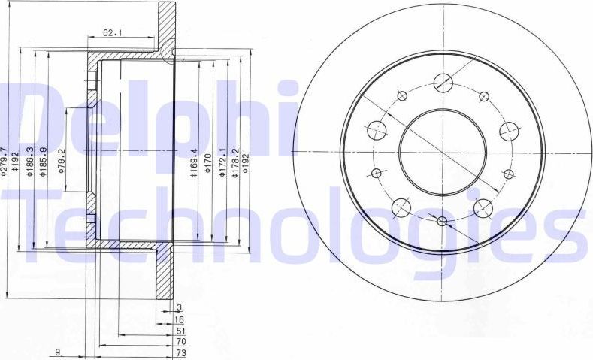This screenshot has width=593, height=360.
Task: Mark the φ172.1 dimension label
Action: click(222, 163)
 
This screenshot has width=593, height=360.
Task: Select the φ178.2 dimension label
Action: click(234, 163)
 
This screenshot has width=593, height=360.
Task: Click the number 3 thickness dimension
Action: click(179, 307)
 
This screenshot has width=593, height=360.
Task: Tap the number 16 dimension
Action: click(179, 319)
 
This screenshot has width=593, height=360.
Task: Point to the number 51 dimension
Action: click(180, 330)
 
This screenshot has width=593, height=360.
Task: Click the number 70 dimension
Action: click(180, 341)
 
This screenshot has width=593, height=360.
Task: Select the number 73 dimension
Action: click(180, 352)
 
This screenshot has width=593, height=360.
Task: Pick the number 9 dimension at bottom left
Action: click(58, 352)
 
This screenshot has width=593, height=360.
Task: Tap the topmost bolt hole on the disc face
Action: click(443, 82)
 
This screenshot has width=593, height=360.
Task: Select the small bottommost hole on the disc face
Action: click(442, 221)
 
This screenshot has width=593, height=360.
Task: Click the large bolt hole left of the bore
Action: click(377, 129)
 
